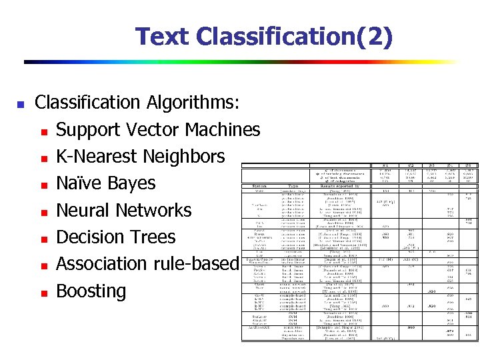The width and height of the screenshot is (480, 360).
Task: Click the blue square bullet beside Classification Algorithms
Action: coord(20,105)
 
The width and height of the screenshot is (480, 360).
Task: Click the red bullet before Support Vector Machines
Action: coord(43,131)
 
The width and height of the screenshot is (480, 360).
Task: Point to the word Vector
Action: coord(153,129)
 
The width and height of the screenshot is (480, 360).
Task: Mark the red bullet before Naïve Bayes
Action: coord(43,185)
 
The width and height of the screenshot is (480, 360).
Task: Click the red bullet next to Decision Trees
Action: coord(43,239)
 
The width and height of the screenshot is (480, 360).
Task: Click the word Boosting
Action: coord(91,292)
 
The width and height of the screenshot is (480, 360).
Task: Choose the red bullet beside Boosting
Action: coord(43,293)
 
